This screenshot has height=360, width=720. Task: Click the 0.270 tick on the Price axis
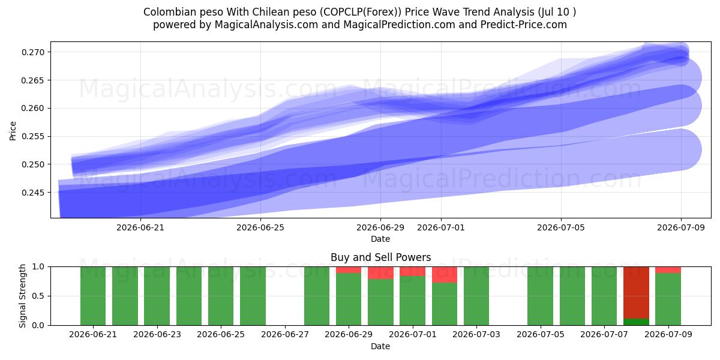click(x=33, y=52)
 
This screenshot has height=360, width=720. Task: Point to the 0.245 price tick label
click(x=33, y=193)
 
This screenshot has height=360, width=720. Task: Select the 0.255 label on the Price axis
click(x=33, y=136)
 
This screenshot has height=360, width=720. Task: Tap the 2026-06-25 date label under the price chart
click(x=260, y=227)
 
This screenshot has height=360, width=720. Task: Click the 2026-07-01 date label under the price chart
click(x=441, y=227)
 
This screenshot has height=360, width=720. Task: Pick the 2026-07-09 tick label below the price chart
click(x=681, y=227)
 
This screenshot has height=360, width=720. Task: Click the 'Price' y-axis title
click(x=13, y=131)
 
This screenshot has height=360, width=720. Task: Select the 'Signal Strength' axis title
click(x=22, y=296)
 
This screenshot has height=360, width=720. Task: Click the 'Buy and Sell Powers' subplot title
click(x=380, y=257)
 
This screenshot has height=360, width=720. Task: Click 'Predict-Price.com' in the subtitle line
click(x=524, y=25)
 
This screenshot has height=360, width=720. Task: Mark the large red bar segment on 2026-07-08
click(x=636, y=293)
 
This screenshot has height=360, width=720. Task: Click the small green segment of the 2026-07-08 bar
click(x=636, y=322)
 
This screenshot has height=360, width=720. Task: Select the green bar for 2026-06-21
click(x=93, y=296)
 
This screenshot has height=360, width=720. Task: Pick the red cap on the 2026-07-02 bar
click(x=445, y=275)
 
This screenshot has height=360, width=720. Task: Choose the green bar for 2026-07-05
click(x=541, y=296)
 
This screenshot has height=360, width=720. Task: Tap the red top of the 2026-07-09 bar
click(x=668, y=270)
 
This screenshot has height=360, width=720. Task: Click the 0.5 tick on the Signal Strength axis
click(x=38, y=296)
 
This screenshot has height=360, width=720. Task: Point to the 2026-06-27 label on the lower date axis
click(x=285, y=335)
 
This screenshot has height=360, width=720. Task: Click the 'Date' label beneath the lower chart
click(x=380, y=347)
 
